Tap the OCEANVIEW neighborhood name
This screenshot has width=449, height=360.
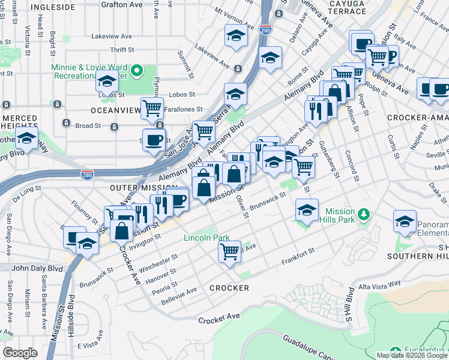[113, 110]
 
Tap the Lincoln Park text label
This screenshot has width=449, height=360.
[206, 238]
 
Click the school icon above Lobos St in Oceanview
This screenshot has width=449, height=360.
[107, 81]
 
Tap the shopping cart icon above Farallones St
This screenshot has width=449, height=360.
[152, 108]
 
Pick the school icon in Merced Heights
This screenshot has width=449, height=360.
[26, 137]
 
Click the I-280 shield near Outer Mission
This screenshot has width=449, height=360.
[87, 174]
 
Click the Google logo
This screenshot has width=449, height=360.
[20, 353]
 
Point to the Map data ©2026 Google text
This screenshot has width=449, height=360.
[412, 355]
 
